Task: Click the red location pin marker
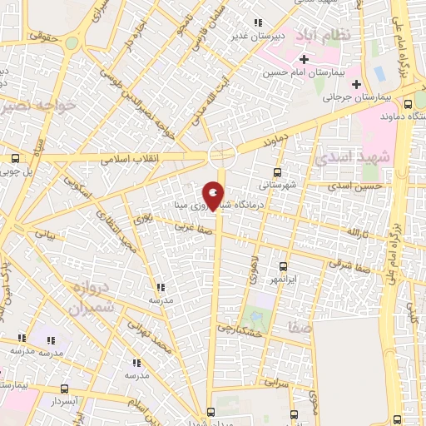214,196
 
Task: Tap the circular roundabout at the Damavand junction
221,154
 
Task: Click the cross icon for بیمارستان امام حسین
305,59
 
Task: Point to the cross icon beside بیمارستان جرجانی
357,83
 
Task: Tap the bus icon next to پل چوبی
16,157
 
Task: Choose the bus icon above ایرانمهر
284,267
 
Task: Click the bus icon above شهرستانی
277,172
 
